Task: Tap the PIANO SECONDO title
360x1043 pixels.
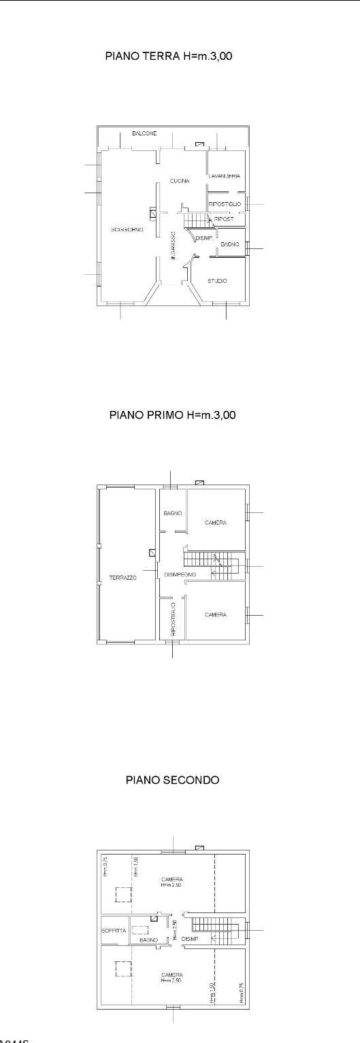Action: pyautogui.click(x=173, y=780)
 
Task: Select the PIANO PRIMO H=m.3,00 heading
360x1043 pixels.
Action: pyautogui.click(x=173, y=414)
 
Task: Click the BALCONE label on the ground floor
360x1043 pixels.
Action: pyautogui.click(x=144, y=134)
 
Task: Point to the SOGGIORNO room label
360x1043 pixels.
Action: pyautogui.click(x=127, y=230)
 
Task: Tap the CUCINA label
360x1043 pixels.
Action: pyautogui.click(x=179, y=180)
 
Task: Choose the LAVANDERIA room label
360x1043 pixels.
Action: pyautogui.click(x=225, y=176)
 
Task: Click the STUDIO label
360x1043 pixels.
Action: pyautogui.click(x=217, y=281)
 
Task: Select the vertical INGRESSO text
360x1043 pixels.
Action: pyautogui.click(x=174, y=246)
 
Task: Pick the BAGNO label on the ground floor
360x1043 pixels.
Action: pyautogui.click(x=229, y=253)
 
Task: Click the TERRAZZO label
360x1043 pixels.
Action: pyautogui.click(x=123, y=578)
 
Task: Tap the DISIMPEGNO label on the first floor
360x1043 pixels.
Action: pyautogui.click(x=180, y=575)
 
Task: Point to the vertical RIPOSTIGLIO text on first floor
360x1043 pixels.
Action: pyautogui.click(x=174, y=615)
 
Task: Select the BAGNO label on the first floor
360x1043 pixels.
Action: pyautogui.click(x=172, y=513)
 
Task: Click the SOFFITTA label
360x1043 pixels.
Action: pyautogui.click(x=114, y=931)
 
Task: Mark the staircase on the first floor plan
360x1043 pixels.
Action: pyautogui.click(x=212, y=565)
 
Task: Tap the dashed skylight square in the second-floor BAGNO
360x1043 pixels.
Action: pyautogui.click(x=140, y=929)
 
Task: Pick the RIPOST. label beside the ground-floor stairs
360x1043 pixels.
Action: pyautogui.click(x=225, y=219)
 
